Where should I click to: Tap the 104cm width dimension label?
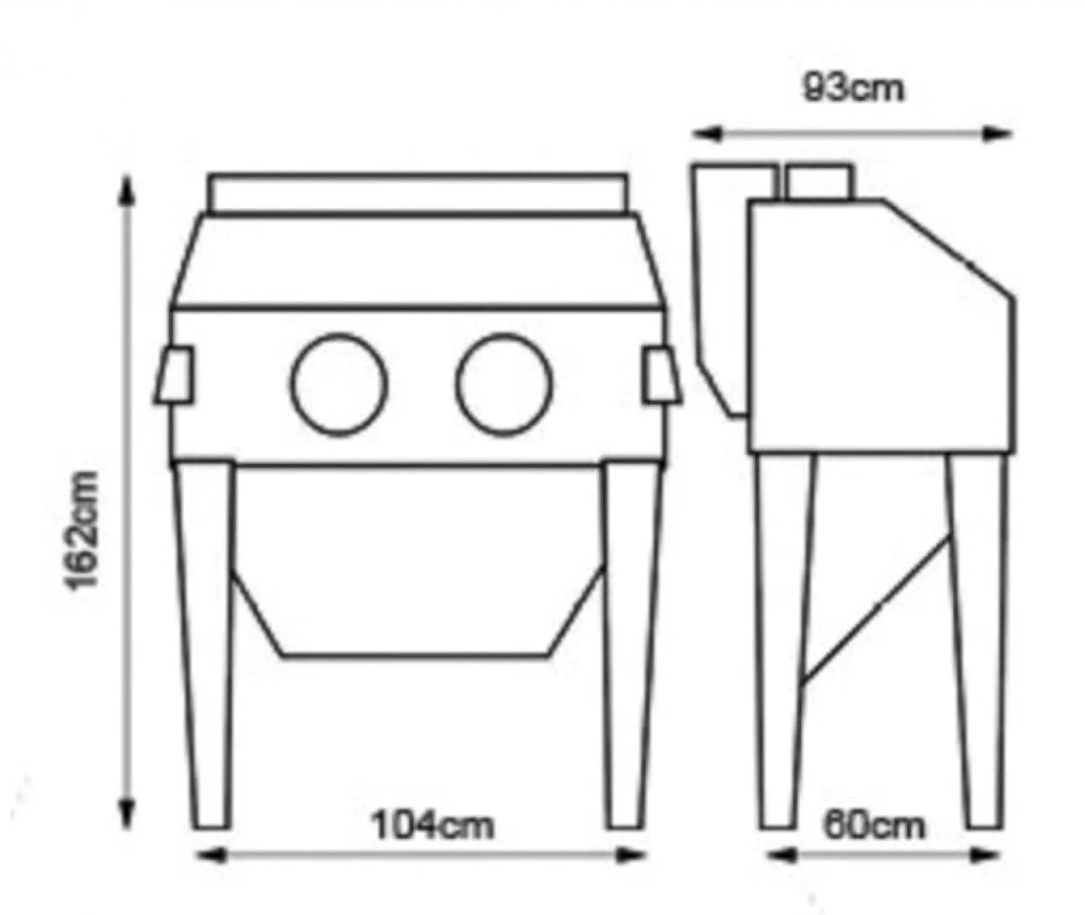[x=432, y=825]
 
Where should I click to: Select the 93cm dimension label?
[x=853, y=88]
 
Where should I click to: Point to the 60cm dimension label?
[x=874, y=826]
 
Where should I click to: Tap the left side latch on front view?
[x=173, y=375]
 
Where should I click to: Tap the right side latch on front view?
[x=662, y=376]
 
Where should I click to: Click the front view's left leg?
[x=202, y=644]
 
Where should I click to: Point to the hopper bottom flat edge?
[x=415, y=656]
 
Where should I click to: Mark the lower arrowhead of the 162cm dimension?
[x=127, y=814]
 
